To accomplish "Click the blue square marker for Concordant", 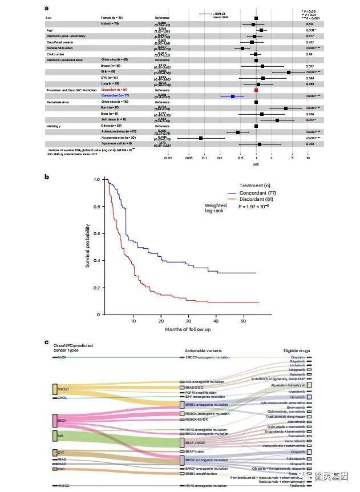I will (x=233, y=96).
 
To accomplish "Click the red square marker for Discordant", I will (x=256, y=90).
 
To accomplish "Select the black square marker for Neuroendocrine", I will (x=201, y=138).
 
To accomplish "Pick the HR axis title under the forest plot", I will (x=256, y=164).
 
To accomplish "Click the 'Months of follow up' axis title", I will (x=188, y=329).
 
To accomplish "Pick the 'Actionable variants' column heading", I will (x=203, y=350).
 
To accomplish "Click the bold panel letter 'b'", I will (x=46, y=177).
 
